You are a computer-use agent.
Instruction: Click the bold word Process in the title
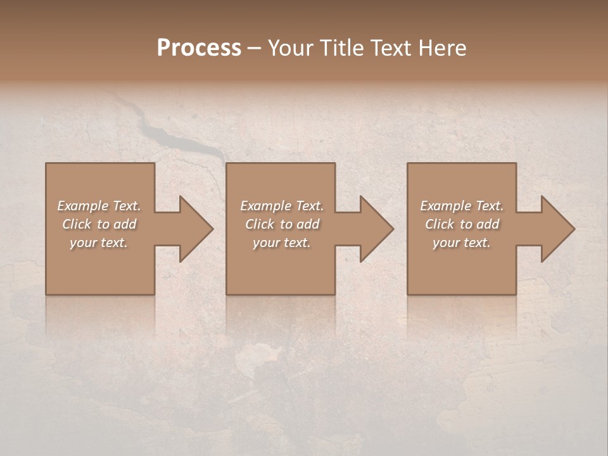[x=199, y=48]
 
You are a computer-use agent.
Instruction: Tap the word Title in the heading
[x=341, y=48]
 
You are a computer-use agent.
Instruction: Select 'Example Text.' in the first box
[x=99, y=206]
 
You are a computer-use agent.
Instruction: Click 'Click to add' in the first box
[x=99, y=224]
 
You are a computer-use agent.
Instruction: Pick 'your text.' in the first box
[x=99, y=243]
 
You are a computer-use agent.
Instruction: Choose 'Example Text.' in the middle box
[x=282, y=206]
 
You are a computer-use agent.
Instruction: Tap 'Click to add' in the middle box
[x=282, y=224]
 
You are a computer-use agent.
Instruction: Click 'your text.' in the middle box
[x=282, y=243]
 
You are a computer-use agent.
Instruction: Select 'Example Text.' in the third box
[x=462, y=206]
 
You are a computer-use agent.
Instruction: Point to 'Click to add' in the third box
[x=462, y=224]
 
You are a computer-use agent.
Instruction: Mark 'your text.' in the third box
[x=462, y=243]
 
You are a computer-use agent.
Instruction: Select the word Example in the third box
[x=446, y=206]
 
